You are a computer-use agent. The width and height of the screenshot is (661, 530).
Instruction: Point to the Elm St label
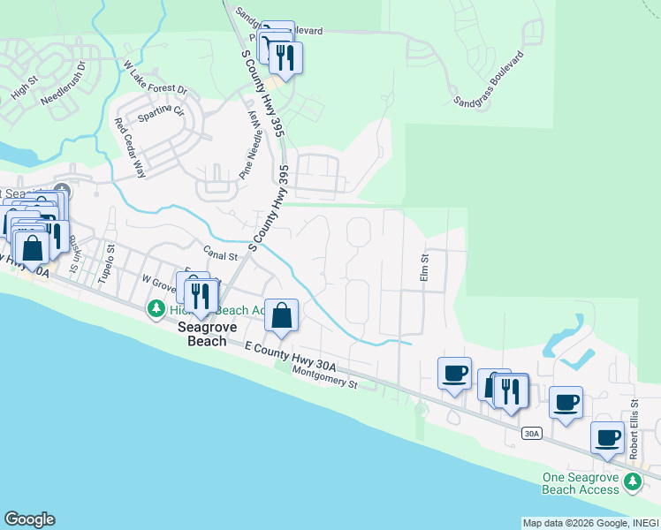pyautogui.click(x=424, y=269)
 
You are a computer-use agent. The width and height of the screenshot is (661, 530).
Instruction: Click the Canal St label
pyautogui.click(x=221, y=256)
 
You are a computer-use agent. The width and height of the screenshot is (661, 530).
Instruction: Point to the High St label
pyautogui.click(x=22, y=88)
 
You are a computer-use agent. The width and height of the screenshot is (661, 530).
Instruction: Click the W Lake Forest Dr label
pyautogui.click(x=156, y=78)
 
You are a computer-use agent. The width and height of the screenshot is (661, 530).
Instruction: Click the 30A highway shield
pyautogui.click(x=531, y=433)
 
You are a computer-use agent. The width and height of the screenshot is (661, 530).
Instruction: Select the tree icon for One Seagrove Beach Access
pyautogui.click(x=632, y=481)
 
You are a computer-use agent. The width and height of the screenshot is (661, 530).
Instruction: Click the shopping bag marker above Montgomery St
pyautogui.click(x=281, y=315)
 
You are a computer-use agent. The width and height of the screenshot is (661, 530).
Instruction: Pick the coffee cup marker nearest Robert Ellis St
pyautogui.click(x=608, y=437)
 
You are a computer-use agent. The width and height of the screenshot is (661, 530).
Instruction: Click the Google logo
pyautogui.click(x=29, y=519)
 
